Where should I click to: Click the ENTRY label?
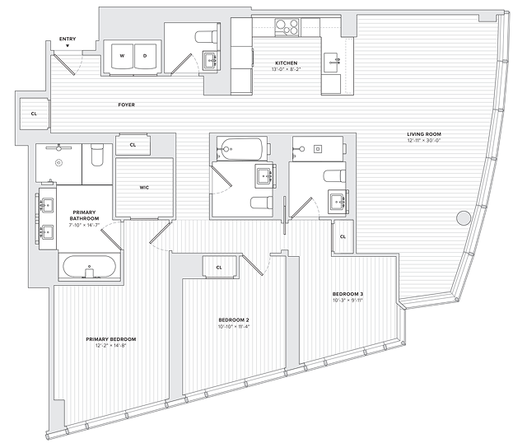click(x=69, y=39)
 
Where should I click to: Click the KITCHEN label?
click(x=287, y=63)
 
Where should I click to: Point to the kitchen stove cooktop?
click(x=287, y=27)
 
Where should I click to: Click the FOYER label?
click(x=126, y=105)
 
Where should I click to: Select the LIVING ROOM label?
click(x=424, y=134)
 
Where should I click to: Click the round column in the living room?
click(x=463, y=220)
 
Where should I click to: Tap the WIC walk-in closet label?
click(x=144, y=188)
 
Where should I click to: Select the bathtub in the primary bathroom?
click(x=89, y=268)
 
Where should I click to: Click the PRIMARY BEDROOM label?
click(x=111, y=338)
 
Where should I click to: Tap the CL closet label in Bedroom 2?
click(x=219, y=268)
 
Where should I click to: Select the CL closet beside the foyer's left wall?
click(x=34, y=114)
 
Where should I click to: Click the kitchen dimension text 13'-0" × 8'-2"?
click(x=287, y=70)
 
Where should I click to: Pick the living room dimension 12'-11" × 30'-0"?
click(x=424, y=142)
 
